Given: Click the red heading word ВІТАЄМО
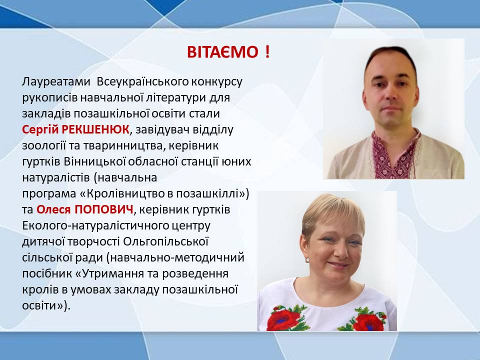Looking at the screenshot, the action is click(x=222, y=52).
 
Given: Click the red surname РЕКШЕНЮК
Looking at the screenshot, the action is click(x=95, y=129).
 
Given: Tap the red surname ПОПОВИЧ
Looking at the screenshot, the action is click(x=104, y=209).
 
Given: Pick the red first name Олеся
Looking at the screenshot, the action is click(x=54, y=209).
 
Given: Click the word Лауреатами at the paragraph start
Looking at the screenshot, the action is click(x=56, y=82).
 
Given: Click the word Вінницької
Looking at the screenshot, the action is click(x=95, y=161).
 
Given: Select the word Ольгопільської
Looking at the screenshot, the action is click(x=165, y=242).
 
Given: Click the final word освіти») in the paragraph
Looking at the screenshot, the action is click(x=46, y=305).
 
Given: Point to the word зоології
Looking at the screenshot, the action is click(x=43, y=146).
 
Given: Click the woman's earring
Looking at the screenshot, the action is click(x=307, y=260).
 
